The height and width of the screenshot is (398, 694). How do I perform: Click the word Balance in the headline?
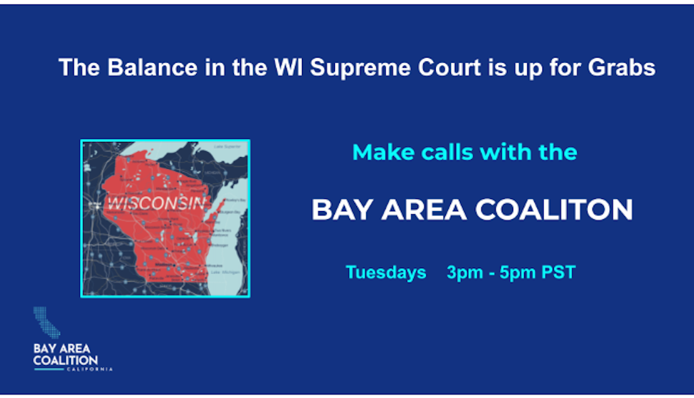pyautogui.click(x=143, y=67)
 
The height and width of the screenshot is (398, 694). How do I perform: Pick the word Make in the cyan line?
pyautogui.click(x=377, y=152)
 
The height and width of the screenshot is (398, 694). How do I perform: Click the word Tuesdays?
pyautogui.click(x=386, y=273)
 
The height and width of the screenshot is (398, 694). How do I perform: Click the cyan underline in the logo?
pyautogui.click(x=49, y=369)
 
